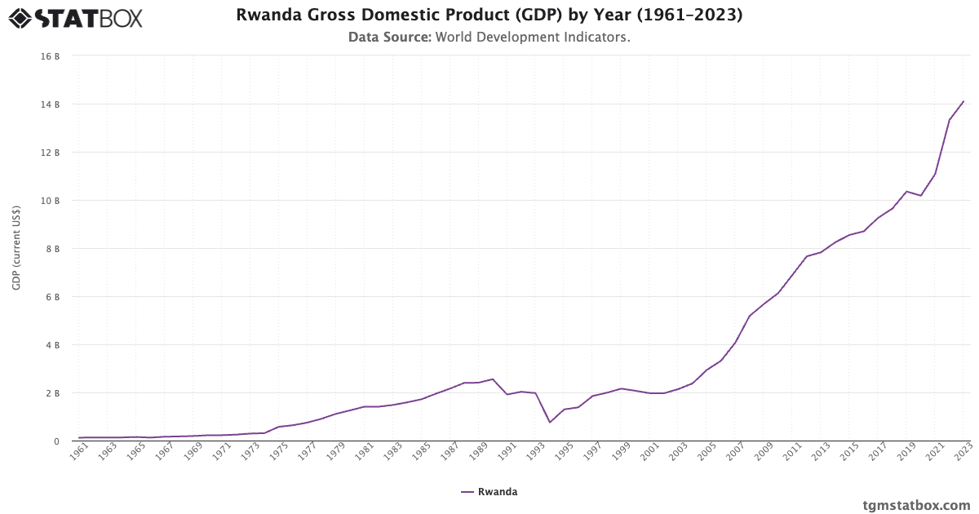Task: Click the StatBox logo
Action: pyautogui.click(x=76, y=17)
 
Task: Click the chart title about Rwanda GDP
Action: pyautogui.click(x=489, y=16)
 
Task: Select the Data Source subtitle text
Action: pyautogui.click(x=489, y=37)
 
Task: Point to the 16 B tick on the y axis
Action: pyautogui.click(x=52, y=56)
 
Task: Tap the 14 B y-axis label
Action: pyautogui.click(x=52, y=104)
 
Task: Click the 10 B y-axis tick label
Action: pyautogui.click(x=52, y=201)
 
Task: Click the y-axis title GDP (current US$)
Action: pyautogui.click(x=16, y=248)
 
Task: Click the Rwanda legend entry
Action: pyautogui.click(x=489, y=492)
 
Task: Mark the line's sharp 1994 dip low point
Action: pyautogui.click(x=550, y=422)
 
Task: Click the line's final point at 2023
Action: pyautogui.click(x=963, y=101)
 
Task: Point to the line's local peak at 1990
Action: pyautogui.click(x=493, y=379)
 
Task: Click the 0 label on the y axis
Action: pyautogui.click(x=56, y=441)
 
